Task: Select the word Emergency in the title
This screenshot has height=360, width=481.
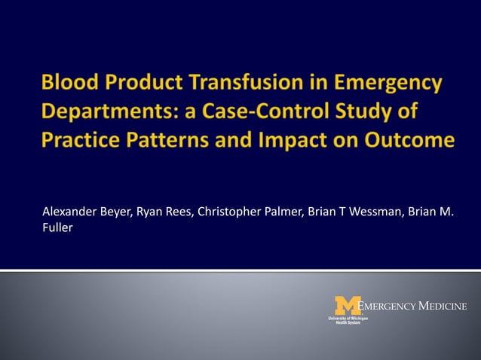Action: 384,84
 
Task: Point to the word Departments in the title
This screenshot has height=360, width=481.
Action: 109,113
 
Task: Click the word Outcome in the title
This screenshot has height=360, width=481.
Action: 402,141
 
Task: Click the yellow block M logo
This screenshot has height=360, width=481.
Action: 348,305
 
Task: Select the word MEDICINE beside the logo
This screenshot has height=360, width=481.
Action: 443,306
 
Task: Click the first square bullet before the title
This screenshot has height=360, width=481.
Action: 32,85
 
